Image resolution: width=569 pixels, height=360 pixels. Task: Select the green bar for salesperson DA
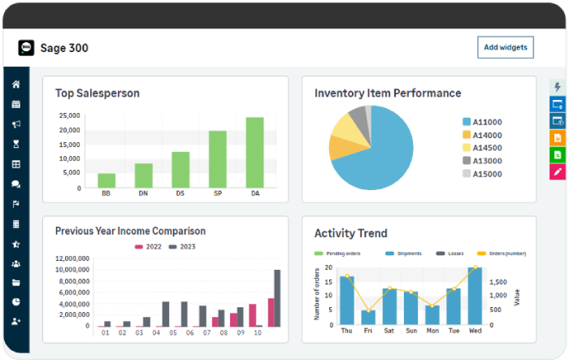pyautogui.click(x=254, y=153)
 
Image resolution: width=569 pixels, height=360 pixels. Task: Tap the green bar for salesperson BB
pyautogui.click(x=106, y=180)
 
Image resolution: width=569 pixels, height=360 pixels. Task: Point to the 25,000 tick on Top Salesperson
pyautogui.click(x=68, y=116)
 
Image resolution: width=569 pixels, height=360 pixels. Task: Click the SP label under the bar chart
pyautogui.click(x=218, y=193)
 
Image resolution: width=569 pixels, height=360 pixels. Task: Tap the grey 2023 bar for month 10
pyautogui.click(x=277, y=298)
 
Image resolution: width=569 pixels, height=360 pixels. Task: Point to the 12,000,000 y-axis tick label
pyautogui.click(x=72, y=258)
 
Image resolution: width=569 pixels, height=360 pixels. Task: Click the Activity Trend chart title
pyautogui.click(x=350, y=234)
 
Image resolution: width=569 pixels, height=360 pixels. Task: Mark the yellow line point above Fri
pyautogui.click(x=368, y=311)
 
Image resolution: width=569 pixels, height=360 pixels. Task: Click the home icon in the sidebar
pyautogui.click(x=16, y=85)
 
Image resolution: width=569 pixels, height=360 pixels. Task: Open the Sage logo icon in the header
pyautogui.click(x=27, y=48)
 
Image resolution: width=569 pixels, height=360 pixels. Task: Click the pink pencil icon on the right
pyautogui.click(x=558, y=171)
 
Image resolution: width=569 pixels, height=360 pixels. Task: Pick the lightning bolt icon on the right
pyautogui.click(x=558, y=87)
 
